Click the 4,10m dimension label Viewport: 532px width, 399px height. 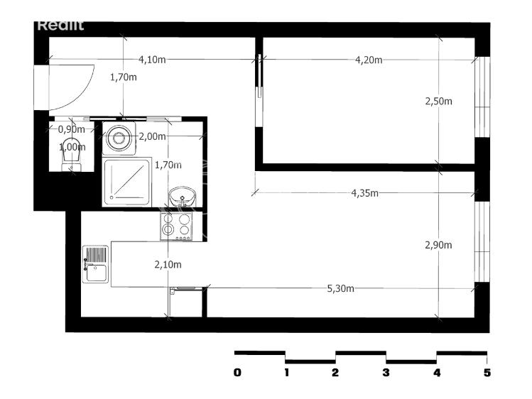(x=152, y=59)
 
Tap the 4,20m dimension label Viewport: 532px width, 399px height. (x=369, y=59)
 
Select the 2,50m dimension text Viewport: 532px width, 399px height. (x=438, y=102)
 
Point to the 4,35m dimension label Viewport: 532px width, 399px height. (x=364, y=193)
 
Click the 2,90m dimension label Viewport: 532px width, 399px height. (x=438, y=246)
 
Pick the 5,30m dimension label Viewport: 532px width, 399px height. (x=340, y=288)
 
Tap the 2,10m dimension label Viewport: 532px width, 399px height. (x=168, y=265)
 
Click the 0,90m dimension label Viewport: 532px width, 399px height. (x=71, y=129)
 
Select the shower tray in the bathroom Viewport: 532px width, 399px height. (x=127, y=182)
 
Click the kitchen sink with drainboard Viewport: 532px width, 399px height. (x=95, y=263)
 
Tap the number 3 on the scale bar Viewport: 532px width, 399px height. (x=386, y=373)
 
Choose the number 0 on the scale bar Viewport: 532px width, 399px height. (x=237, y=373)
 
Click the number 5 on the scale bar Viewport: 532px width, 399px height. (x=487, y=373)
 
